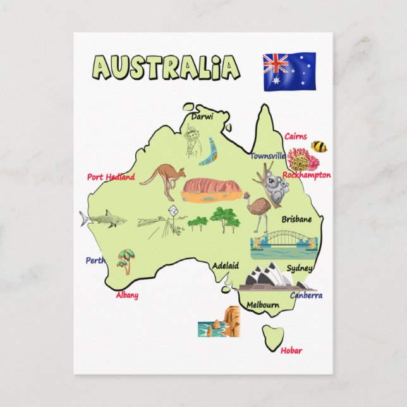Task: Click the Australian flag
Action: pos(289,70)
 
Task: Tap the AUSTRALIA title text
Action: pos(166,67)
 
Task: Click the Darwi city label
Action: pos(202,117)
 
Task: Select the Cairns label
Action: pos(295,136)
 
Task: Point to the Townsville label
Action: pos(267,155)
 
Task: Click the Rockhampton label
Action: pos(307,175)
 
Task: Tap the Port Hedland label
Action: pos(111,177)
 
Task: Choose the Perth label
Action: pos(95,260)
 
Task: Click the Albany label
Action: pos(127,295)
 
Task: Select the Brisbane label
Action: pos(296,219)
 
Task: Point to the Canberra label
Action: pos(306,295)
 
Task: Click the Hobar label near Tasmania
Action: pos(291,351)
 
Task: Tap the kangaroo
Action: pos(164,179)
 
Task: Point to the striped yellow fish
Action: pos(319,147)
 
